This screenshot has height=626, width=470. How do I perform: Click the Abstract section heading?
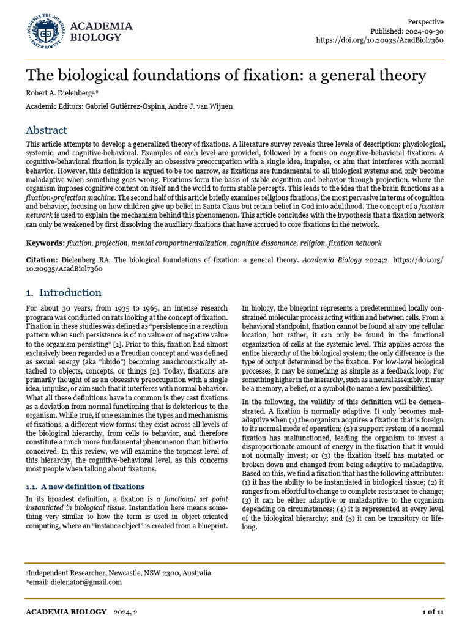(47, 130)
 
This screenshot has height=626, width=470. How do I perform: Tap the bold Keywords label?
(45, 243)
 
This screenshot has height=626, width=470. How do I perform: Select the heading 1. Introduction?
(64, 292)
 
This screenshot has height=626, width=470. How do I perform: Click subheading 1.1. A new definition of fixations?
(85, 486)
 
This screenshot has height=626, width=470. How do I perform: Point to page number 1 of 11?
(433, 611)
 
